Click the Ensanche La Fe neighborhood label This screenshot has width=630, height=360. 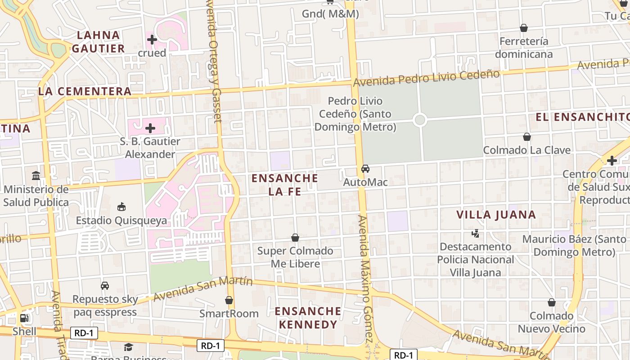coord(284,184)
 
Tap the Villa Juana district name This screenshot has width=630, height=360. coord(496,215)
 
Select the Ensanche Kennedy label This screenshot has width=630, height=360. coord(308,318)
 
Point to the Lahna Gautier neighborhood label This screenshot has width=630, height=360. coord(98,41)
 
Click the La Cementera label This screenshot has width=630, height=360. coord(85,91)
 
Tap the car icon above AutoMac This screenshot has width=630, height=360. coord(365,169)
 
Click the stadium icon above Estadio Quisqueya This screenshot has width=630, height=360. coord(121,207)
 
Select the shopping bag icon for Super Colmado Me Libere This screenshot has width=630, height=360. coord(295,238)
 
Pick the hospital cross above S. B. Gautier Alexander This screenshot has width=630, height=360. coord(150,128)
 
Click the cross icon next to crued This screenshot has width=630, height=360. coord(152,40)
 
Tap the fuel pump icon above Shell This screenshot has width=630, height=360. coord(24,318)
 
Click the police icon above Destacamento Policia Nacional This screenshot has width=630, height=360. coord(475,233)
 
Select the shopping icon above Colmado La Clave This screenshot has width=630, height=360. coord(526,137)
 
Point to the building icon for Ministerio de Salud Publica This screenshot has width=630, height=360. coord(36,175)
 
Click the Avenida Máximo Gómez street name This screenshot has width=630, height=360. coord(366,279)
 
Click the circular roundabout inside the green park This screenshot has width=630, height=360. coord(419,120)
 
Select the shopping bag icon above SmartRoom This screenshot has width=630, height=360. coord(229,300)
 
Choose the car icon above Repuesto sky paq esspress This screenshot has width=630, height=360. coord(105,285)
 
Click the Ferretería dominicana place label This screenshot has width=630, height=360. coord(524,48)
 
